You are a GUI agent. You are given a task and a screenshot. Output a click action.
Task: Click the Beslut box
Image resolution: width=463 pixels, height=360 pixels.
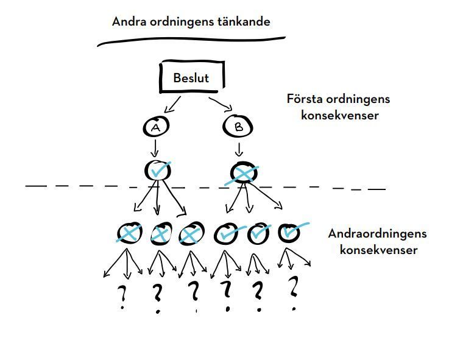pyautogui.click(x=192, y=78)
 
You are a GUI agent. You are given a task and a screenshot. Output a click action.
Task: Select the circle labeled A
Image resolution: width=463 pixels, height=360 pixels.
pyautogui.click(x=155, y=127)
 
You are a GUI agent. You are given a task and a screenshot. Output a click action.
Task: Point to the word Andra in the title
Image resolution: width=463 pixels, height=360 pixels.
pyautogui.click(x=129, y=21)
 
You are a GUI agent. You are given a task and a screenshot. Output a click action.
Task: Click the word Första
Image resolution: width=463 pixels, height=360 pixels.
pyautogui.click(x=305, y=99)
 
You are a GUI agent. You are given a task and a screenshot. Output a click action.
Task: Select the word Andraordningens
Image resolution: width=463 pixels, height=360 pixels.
pyautogui.click(x=377, y=234)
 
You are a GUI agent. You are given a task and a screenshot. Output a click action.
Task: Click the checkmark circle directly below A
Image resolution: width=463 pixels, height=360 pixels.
pyautogui.click(x=157, y=171)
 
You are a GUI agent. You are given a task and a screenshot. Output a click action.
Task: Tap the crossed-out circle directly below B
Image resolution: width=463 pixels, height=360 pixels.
pyautogui.click(x=242, y=174)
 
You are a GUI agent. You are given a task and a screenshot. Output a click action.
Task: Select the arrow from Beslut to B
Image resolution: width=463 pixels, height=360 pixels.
pyautogui.click(x=221, y=103)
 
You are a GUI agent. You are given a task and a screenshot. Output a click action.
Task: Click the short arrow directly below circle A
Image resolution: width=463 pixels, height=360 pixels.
pyautogui.click(x=155, y=148)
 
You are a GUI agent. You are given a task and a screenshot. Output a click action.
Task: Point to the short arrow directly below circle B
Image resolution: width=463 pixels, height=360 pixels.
pyautogui.click(x=239, y=149)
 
